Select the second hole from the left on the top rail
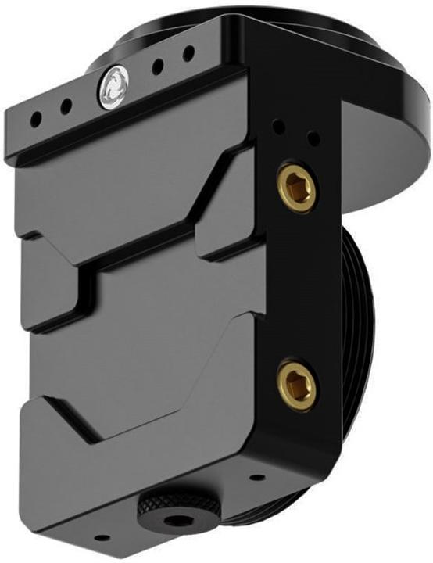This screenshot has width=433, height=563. point(66,106)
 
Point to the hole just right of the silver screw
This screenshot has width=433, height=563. point(158,66)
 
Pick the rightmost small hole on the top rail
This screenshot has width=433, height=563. point(188,55)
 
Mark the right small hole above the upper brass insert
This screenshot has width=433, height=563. point(313,139)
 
